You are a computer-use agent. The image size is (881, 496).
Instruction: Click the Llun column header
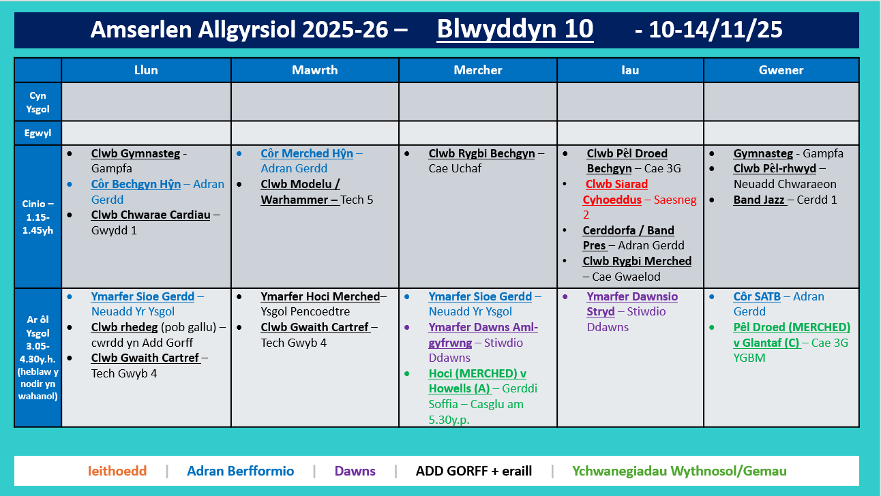(x=146, y=70)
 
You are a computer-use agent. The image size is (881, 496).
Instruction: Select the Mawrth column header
(x=314, y=70)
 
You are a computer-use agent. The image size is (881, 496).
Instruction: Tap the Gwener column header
(x=781, y=70)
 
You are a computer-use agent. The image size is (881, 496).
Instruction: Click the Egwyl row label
(x=38, y=134)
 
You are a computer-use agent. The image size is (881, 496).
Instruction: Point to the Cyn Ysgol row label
(x=38, y=102)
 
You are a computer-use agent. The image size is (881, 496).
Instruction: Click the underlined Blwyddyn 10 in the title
(x=515, y=29)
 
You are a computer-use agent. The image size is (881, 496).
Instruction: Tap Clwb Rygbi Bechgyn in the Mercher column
(x=481, y=154)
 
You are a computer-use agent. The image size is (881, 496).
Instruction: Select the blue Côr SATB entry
(x=757, y=297)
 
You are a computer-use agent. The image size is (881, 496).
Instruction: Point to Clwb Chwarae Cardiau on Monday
(x=151, y=215)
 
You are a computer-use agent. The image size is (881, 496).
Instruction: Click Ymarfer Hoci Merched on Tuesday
(x=320, y=297)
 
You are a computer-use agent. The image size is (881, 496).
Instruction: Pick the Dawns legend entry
(x=355, y=471)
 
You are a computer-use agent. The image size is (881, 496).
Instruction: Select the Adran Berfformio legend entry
(x=240, y=471)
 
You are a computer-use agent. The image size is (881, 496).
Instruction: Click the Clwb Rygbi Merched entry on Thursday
(x=637, y=262)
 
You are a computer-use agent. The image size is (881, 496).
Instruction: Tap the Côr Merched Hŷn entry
(x=307, y=154)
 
